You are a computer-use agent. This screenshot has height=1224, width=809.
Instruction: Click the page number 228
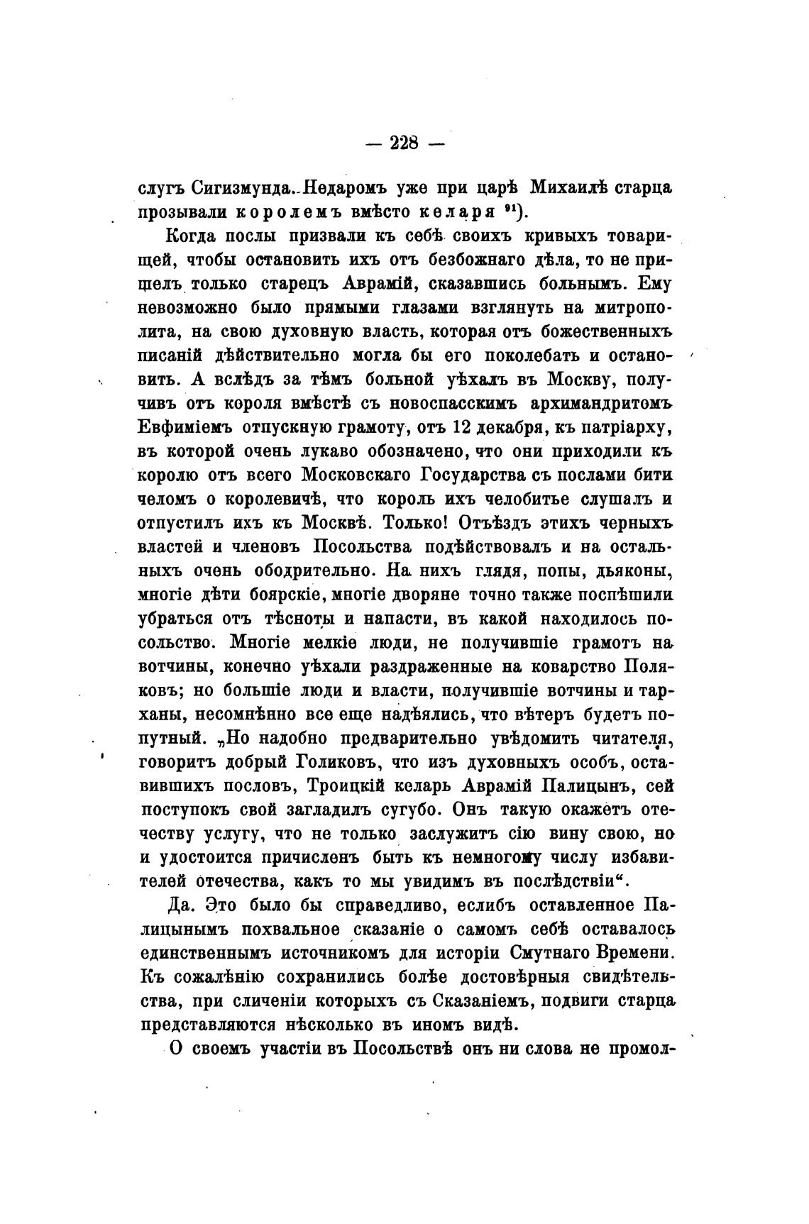coord(404,143)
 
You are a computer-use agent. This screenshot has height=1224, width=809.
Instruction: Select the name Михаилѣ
coord(569,189)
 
